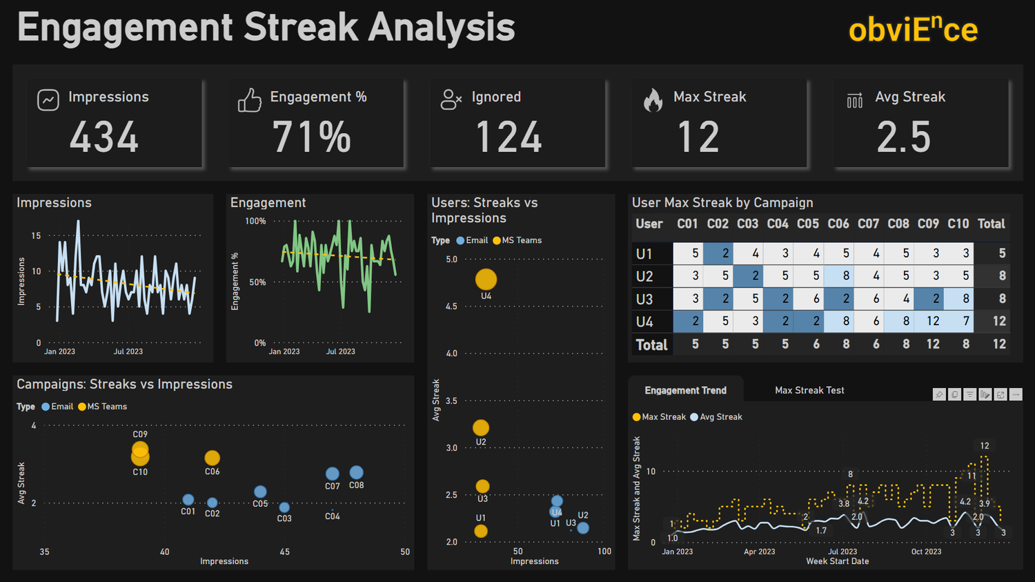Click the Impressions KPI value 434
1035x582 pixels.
[104, 137]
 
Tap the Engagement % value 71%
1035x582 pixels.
[312, 137]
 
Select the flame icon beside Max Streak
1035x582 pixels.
[653, 100]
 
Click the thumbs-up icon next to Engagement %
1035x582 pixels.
[249, 100]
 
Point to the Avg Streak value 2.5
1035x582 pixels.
[903, 137]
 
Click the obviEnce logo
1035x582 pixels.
[912, 30]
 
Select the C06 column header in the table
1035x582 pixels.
[838, 224]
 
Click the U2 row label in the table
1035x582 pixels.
[644, 276]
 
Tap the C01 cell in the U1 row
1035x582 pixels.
[688, 253]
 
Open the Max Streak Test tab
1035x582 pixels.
[809, 390]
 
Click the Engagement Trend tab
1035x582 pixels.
[685, 390]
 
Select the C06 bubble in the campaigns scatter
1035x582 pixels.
[212, 458]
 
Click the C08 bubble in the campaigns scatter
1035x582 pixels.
[356, 472]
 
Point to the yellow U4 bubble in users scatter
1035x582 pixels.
[486, 279]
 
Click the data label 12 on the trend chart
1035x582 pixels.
[984, 446]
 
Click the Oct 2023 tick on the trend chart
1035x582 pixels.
[926, 552]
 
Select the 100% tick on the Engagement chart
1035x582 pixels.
[255, 222]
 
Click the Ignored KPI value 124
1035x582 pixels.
[509, 137]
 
